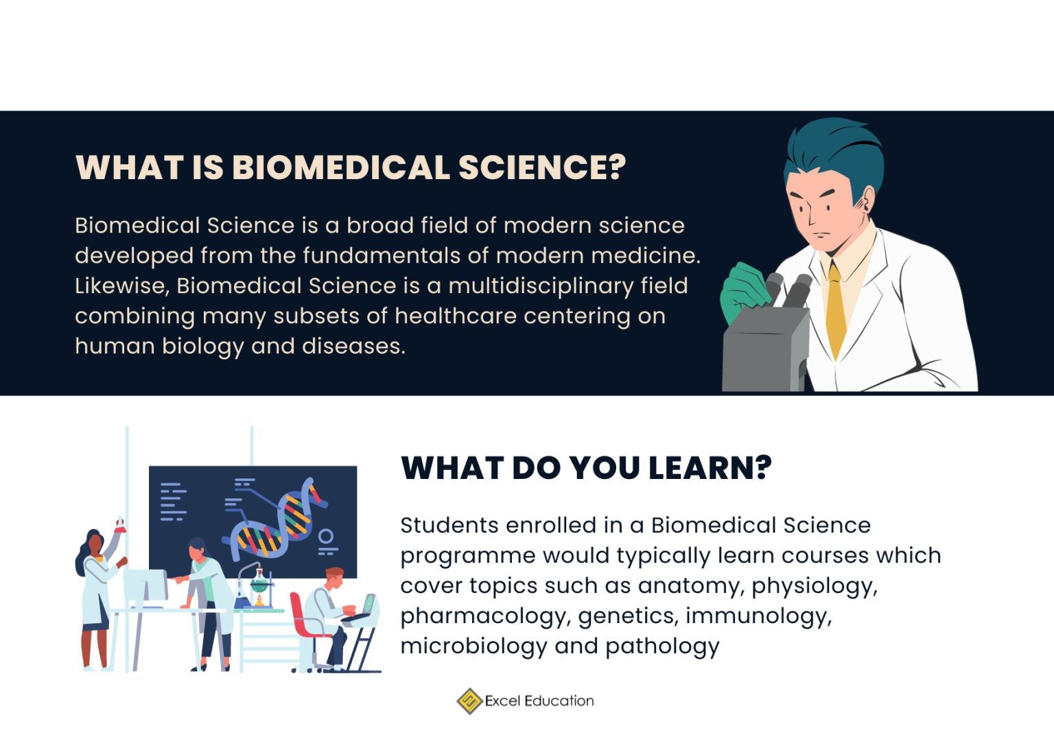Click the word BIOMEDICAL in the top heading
tap(340, 167)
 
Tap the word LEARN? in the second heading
tap(710, 468)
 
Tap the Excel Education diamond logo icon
tap(469, 701)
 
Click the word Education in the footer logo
tap(559, 701)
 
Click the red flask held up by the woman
tap(120, 526)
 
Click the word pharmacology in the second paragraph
tap(484, 616)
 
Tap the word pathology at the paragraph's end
tap(662, 646)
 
